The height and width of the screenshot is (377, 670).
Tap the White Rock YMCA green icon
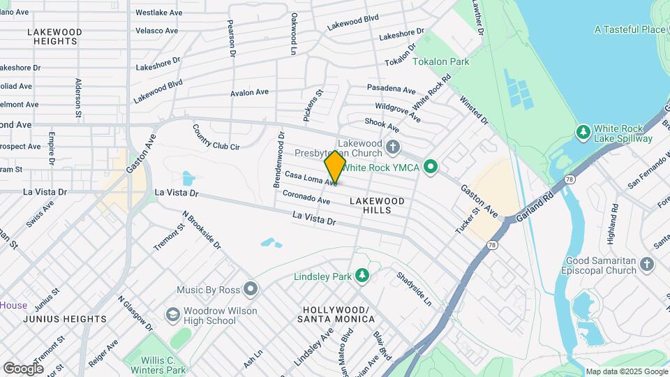[x=431, y=167]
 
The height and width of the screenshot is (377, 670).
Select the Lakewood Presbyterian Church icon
[x=393, y=147]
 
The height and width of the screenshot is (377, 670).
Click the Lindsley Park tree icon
[x=362, y=276]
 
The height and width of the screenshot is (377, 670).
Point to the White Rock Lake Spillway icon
[x=583, y=132]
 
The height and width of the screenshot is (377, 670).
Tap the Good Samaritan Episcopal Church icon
[x=647, y=264]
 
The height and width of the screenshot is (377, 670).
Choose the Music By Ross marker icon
[x=251, y=289]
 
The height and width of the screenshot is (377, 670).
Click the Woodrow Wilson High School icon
[x=172, y=316]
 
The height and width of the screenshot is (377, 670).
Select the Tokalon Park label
[x=440, y=62]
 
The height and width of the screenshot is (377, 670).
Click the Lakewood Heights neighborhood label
[x=55, y=37]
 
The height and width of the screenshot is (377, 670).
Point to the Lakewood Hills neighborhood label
[x=377, y=205]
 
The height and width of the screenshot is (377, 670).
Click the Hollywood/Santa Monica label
[x=336, y=314]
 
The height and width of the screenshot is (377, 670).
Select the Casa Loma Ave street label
[x=311, y=179]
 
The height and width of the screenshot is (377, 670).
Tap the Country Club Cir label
[x=216, y=138]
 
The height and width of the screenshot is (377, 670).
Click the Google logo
[x=23, y=368]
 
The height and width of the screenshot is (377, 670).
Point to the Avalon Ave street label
[x=250, y=92]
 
